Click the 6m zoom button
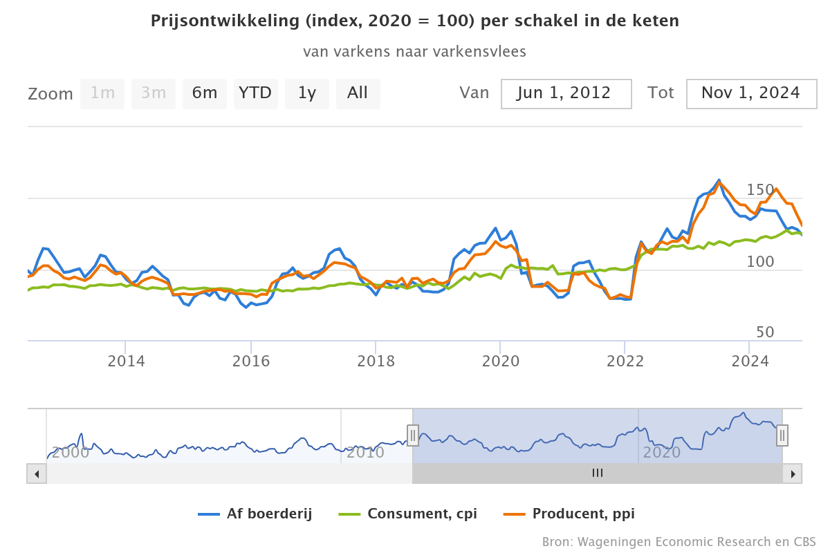tap(205, 93)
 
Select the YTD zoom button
tap(255, 93)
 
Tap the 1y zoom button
tap(306, 93)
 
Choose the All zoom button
tap(358, 93)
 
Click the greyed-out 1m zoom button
tap(102, 93)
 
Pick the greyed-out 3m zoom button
tap(154, 93)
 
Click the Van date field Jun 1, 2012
tap(566, 93)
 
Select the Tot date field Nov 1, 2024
tap(751, 93)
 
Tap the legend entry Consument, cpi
tap(408, 514)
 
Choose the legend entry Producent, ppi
tap(569, 514)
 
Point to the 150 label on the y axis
tap(760, 190)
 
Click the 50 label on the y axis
tap(765, 332)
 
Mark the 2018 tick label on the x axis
tap(376, 361)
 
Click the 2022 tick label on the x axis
tap(625, 361)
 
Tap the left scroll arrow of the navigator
tap(37, 474)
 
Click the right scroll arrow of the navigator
tap(793, 474)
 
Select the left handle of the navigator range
tap(413, 435)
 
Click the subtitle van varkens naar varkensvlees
tap(414, 52)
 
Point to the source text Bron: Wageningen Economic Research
tap(679, 541)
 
